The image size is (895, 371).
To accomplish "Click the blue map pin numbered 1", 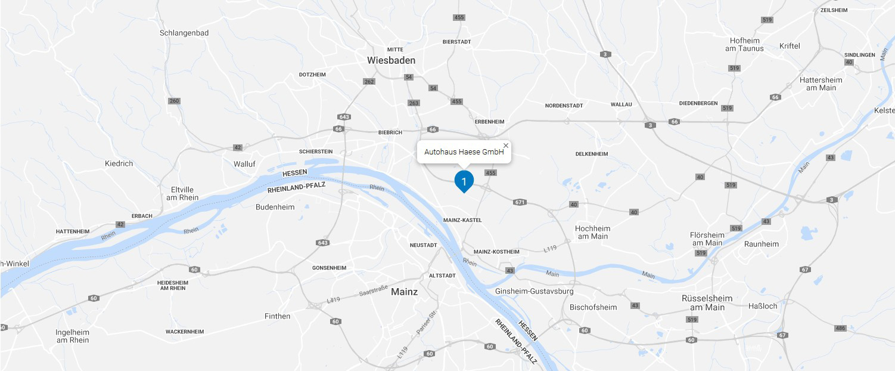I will point(464,181).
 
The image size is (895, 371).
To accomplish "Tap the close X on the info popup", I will point(506,146).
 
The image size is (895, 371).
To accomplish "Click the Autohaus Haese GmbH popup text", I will point(464,152).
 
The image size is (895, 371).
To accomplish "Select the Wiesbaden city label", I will point(391,60).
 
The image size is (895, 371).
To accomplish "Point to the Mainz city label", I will point(404,292).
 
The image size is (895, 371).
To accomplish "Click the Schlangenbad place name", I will point(184,33).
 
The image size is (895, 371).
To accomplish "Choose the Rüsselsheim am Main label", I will point(707,302).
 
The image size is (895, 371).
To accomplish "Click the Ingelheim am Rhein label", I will point(72,336).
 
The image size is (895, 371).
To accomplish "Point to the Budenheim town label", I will point(275,207).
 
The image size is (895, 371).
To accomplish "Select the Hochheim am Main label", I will point(592,232).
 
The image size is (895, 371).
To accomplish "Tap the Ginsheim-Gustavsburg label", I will point(534,291).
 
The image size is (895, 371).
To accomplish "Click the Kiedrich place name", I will point(119,163).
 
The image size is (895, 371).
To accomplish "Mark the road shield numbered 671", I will point(520,202).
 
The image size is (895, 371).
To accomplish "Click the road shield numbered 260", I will point(174,101).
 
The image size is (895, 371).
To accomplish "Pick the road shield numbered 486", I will point(840,328).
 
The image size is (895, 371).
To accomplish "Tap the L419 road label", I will point(334,301).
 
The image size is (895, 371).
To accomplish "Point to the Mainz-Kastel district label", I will point(462,220).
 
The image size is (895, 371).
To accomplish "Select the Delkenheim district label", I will point(591,154).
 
